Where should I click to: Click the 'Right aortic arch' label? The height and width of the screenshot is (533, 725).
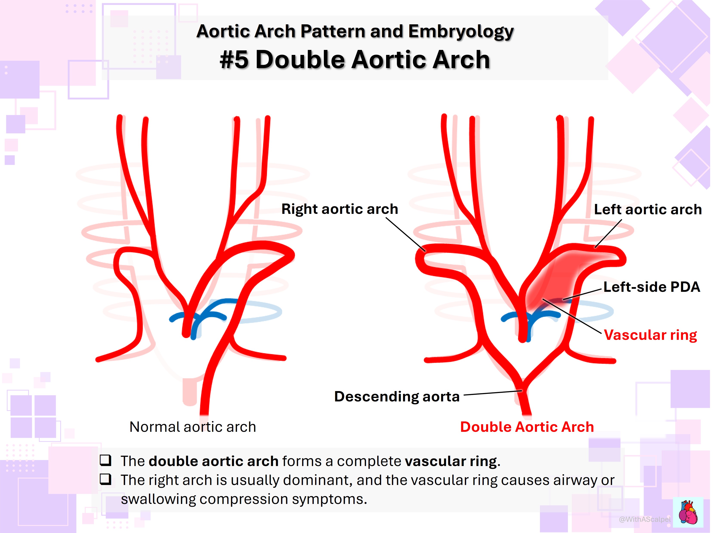[x=340, y=209]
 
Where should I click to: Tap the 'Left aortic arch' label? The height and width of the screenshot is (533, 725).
[x=648, y=209]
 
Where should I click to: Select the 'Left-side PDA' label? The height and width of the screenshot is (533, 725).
[x=652, y=287]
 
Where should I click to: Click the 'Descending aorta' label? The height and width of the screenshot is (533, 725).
[x=397, y=396]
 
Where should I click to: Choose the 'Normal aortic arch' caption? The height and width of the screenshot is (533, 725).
[x=193, y=427]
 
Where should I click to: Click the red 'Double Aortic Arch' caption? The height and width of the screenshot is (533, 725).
[x=527, y=427]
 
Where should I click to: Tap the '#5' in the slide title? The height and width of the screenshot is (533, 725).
[x=234, y=60]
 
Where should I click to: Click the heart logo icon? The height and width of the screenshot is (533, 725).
[x=688, y=512]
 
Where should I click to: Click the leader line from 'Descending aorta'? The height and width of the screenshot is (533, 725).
[x=493, y=393]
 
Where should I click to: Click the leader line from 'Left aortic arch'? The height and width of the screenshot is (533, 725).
[x=608, y=234]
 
